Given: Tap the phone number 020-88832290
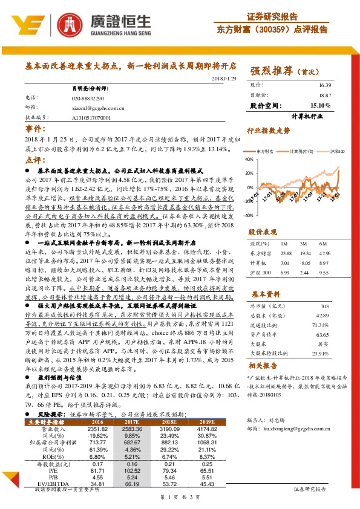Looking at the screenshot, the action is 88,97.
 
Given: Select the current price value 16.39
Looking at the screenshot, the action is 324,86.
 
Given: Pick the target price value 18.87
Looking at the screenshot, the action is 324,95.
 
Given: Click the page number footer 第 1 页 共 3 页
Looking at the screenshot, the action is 180,496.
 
